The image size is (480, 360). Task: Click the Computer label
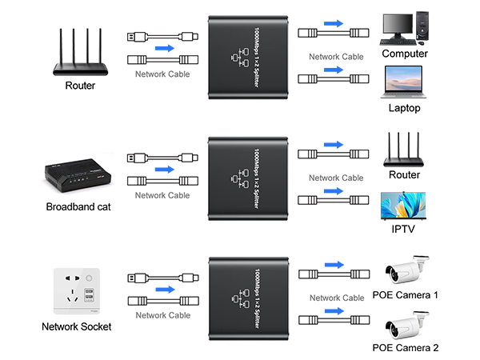click(x=404, y=54)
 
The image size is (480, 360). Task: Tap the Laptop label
click(x=404, y=107)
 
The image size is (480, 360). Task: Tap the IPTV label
click(x=404, y=229)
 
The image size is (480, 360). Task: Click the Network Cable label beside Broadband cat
click(x=162, y=194)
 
